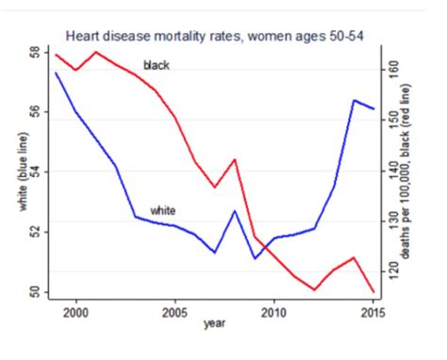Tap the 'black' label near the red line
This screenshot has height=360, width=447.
[156, 65]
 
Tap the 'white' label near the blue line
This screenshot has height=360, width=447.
[163, 209]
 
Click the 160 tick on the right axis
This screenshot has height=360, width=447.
[393, 69]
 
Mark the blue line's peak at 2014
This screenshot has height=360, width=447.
[354, 100]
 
